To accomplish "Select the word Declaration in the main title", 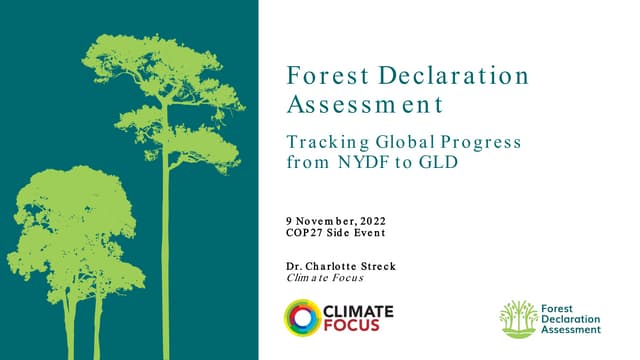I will point(459,77).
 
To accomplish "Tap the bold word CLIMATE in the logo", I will point(359,311).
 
